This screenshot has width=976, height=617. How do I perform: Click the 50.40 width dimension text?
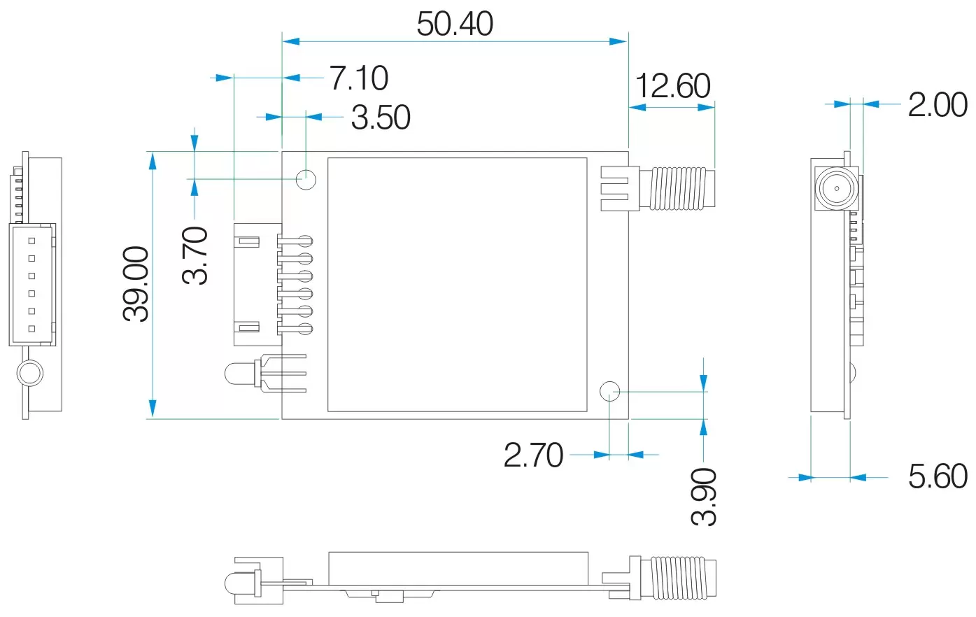click(455, 24)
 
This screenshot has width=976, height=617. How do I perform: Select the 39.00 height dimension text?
click(136, 284)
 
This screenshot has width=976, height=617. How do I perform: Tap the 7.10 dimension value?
click(359, 78)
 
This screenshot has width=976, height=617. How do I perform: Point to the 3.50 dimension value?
click(381, 118)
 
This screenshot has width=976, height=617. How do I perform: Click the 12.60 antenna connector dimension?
click(672, 86)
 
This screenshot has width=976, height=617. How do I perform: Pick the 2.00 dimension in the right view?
click(938, 105)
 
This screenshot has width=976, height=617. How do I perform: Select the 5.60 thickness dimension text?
click(938, 476)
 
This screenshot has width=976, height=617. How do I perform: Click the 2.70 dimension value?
click(533, 455)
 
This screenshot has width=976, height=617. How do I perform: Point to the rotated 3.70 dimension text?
click(196, 255)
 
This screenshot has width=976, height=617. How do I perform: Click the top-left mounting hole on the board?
click(306, 179)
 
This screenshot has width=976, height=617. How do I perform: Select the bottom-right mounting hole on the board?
click(610, 391)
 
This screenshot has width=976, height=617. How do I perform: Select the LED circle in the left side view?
click(30, 373)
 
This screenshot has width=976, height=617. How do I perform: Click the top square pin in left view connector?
click(31, 241)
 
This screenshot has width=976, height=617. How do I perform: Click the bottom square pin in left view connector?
click(31, 329)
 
